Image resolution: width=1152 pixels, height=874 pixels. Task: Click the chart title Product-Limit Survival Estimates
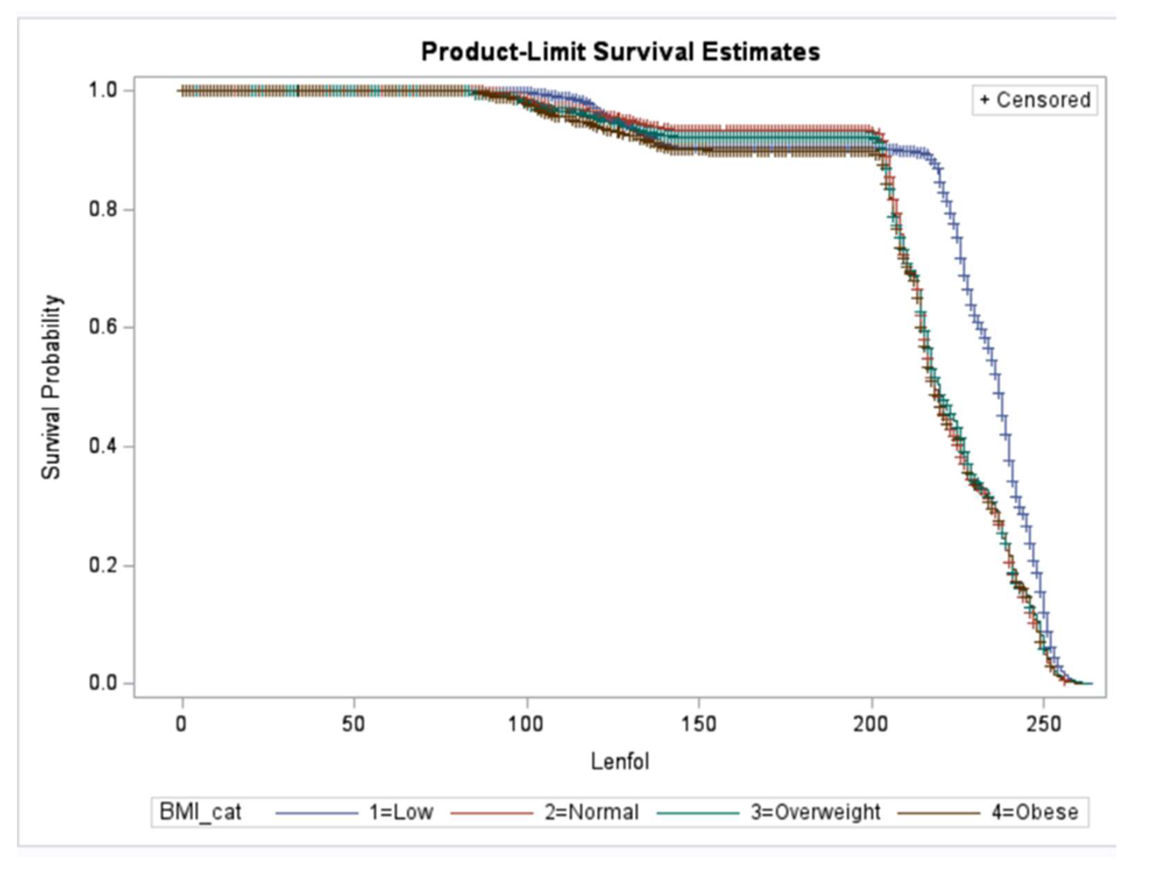(x=620, y=52)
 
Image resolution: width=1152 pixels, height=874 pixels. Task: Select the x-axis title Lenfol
(x=620, y=762)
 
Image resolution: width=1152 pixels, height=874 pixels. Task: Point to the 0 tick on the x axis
(x=181, y=724)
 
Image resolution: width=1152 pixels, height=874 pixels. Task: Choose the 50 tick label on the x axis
(x=354, y=724)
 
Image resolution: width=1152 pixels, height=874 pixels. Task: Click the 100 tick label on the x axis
(x=526, y=724)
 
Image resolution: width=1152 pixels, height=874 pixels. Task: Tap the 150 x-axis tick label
(x=698, y=724)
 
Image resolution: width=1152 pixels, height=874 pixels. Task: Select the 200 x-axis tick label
(x=871, y=724)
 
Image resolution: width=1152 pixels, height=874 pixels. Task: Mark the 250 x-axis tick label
(x=1043, y=724)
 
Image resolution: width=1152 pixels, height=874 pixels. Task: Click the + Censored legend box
(x=1035, y=100)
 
